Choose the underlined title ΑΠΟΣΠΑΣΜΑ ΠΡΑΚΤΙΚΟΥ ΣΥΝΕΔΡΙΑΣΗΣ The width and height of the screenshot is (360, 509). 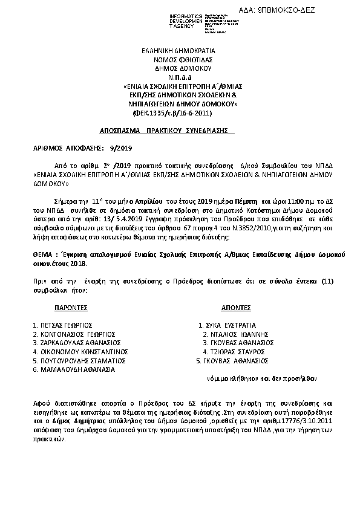coord(158,131)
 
